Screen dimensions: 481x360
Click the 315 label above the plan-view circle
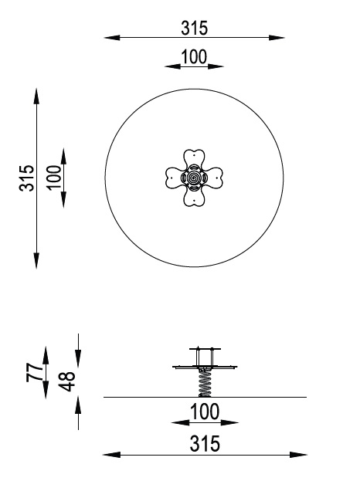coord(195,28)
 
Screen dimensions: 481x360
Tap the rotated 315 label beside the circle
coord(27,178)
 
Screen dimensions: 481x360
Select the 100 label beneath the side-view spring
coord(204,412)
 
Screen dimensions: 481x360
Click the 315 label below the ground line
coord(202,444)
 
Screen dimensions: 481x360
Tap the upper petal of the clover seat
coord(194,158)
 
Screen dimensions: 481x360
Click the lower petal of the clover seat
coord(194,198)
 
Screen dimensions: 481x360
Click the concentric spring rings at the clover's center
coord(194,178)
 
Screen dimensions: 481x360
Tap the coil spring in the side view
coord(205,382)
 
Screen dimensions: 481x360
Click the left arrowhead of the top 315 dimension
coord(108,37)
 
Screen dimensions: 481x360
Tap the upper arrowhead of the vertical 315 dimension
coord(36,93)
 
